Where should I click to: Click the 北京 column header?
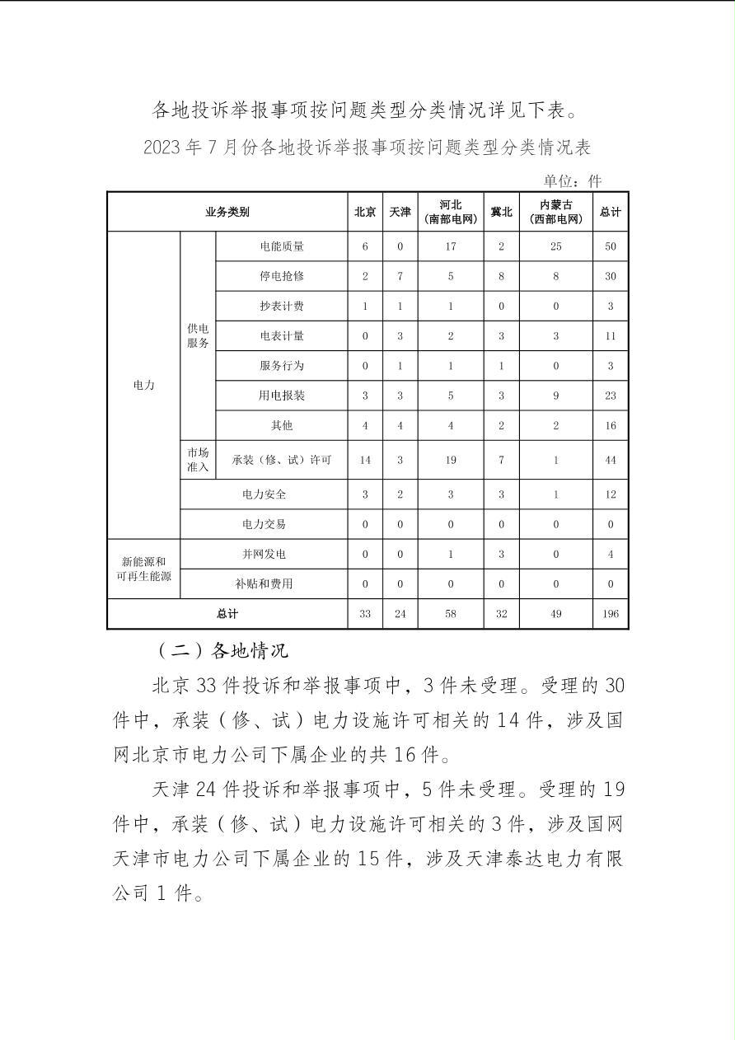365,212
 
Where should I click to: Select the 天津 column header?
400,212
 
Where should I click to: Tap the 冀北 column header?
501,212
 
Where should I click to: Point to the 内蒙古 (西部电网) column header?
555,212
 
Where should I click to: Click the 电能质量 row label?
281,246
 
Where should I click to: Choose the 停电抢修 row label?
281,276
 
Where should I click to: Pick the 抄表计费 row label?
281,306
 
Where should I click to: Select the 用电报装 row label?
281,396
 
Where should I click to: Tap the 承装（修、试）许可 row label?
281,460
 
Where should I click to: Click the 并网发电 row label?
264,554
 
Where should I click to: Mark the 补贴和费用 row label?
264,583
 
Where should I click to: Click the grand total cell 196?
610,614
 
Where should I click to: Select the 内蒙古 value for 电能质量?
555,246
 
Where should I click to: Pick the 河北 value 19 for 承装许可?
451,460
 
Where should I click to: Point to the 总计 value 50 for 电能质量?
610,246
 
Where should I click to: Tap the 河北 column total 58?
451,614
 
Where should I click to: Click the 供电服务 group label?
198,335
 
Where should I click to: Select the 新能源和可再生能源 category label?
143,569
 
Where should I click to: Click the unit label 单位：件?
572,180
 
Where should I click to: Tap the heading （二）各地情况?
222,650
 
